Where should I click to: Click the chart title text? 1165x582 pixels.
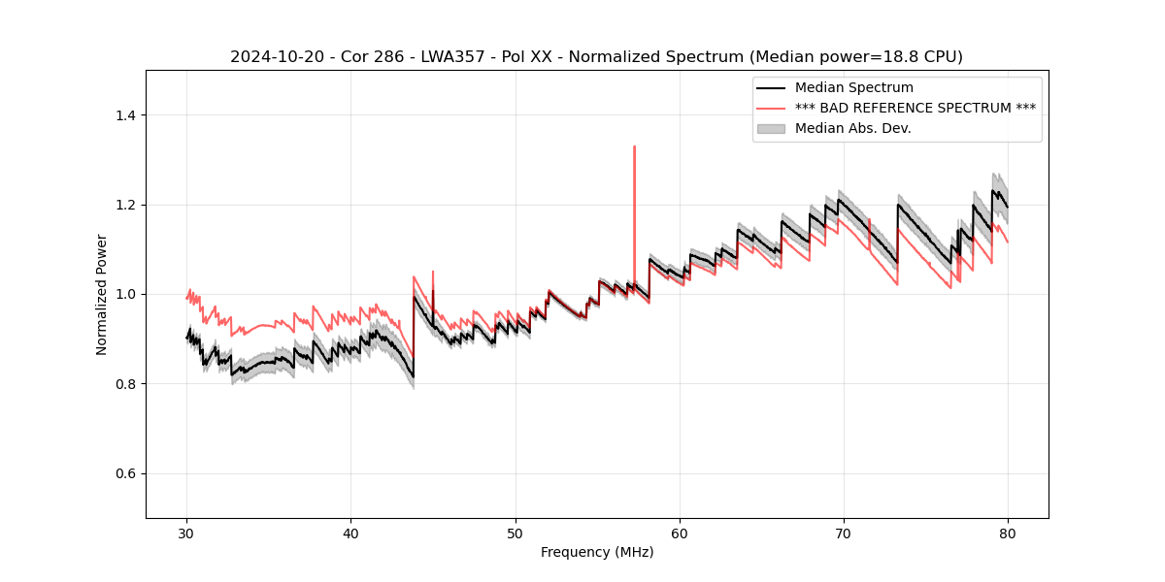[596, 57]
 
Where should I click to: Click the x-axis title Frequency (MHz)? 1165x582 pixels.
[597, 552]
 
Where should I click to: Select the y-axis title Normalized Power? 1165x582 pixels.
[102, 294]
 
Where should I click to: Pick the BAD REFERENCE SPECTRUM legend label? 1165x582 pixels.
[915, 108]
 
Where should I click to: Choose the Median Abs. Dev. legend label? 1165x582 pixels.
[852, 128]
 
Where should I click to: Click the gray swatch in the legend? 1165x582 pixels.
[772, 128]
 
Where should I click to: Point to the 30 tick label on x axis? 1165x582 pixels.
[187, 533]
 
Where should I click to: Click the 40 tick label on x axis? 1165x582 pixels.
[351, 533]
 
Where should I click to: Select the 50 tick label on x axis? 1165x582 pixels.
[516, 533]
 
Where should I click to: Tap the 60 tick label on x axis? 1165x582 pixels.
[680, 533]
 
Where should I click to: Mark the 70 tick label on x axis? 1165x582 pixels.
[844, 533]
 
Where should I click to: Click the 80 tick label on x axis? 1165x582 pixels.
[1008, 533]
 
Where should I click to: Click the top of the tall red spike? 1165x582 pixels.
[634, 146]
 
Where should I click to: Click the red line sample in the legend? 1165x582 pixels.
[772, 108]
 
